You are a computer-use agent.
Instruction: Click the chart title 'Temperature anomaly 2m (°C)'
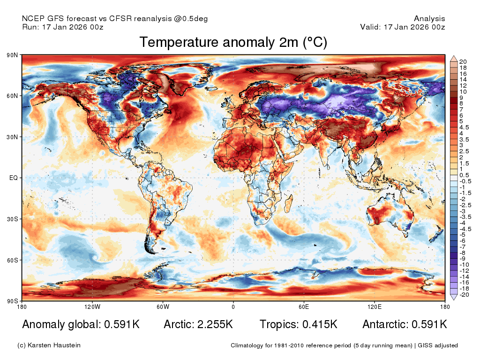[233, 42]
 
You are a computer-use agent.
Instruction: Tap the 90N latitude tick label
[12, 55]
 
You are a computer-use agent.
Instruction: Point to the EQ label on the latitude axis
[14, 178]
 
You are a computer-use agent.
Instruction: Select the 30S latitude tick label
[12, 219]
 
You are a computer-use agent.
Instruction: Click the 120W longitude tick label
[92, 307]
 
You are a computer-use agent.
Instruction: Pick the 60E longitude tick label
[304, 307]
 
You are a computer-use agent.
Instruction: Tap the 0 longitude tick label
[233, 307]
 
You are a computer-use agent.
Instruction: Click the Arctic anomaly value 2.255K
[215, 324]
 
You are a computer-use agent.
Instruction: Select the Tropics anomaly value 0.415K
[320, 324]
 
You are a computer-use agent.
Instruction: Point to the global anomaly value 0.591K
[122, 324]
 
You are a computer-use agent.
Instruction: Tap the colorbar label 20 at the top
[463, 62]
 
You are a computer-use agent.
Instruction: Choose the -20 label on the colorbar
[464, 295]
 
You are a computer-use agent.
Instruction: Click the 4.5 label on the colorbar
[464, 127]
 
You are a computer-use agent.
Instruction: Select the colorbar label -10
[464, 265]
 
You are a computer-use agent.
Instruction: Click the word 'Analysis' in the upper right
[429, 19]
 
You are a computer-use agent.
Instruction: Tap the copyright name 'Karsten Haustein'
[54, 345]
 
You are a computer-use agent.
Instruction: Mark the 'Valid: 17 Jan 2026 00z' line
[403, 27]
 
